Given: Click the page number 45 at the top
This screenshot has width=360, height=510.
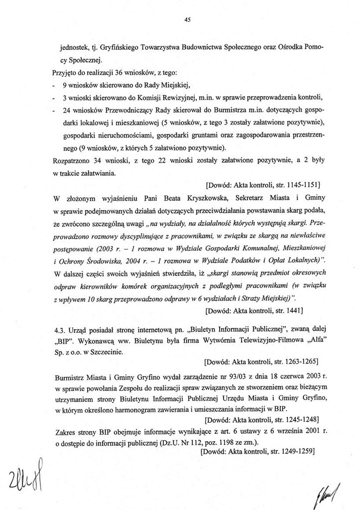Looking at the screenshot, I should click(187, 20).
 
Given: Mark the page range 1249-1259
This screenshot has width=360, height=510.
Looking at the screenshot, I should click(296, 452).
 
